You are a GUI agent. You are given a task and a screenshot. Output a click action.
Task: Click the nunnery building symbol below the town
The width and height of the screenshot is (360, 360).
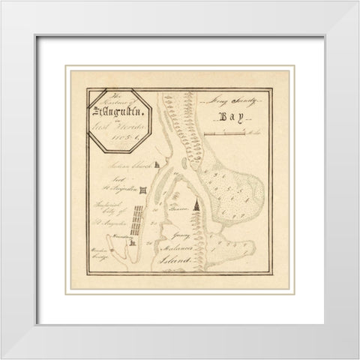point(130,241)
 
